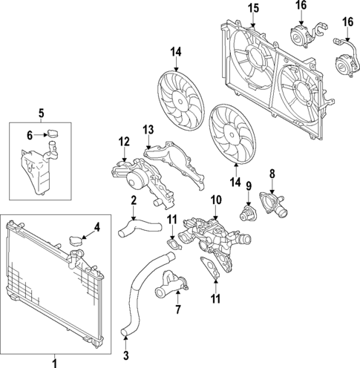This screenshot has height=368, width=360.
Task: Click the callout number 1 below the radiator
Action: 53,363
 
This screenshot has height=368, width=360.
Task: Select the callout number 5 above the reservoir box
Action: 41,113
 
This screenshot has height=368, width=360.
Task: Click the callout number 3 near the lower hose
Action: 125,355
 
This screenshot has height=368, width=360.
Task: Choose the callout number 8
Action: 272,175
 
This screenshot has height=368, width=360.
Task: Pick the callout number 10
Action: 215,199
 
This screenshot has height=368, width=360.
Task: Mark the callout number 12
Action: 123,142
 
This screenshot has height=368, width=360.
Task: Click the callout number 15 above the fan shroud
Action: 252,8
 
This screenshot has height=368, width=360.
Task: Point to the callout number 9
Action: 249,187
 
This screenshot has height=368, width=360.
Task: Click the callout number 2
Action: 133,200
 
